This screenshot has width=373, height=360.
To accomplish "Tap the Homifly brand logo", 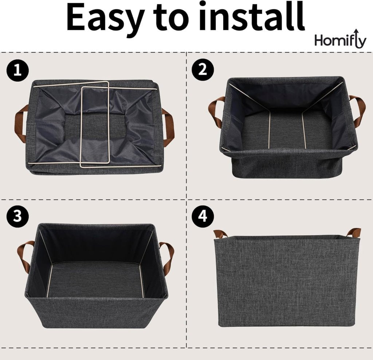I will pyautogui.click(x=340, y=40).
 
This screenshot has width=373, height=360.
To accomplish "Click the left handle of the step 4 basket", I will pyautogui.click(x=220, y=233).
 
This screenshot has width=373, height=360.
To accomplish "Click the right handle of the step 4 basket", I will pyautogui.click(x=353, y=232).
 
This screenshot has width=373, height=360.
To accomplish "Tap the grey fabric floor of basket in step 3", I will pyautogui.click(x=95, y=279).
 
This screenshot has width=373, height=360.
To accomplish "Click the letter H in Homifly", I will pyautogui.click(x=319, y=40).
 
